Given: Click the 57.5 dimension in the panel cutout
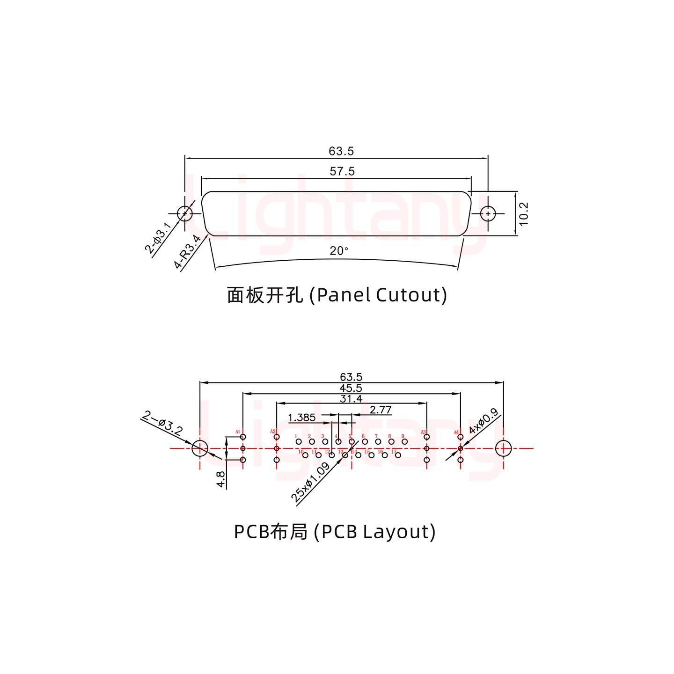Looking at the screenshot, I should (342, 172).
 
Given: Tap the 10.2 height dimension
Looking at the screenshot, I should (524, 213).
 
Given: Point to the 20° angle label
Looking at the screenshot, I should (339, 251).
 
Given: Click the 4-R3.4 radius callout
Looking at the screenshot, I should (188, 252).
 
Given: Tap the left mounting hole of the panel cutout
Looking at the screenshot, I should (185, 214).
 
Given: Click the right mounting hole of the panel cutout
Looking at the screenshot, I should (488, 214).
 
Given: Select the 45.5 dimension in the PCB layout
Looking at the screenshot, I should (351, 388).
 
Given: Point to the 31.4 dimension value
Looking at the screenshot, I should (351, 399).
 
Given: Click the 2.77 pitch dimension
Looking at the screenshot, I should (380, 410).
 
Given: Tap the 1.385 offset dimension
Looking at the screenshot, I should (302, 418).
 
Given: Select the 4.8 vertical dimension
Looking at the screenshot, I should (221, 479).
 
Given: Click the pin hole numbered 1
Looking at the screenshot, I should (299, 441).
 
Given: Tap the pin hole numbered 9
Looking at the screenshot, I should (405, 441).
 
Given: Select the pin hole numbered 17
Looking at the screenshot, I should (398, 455).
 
